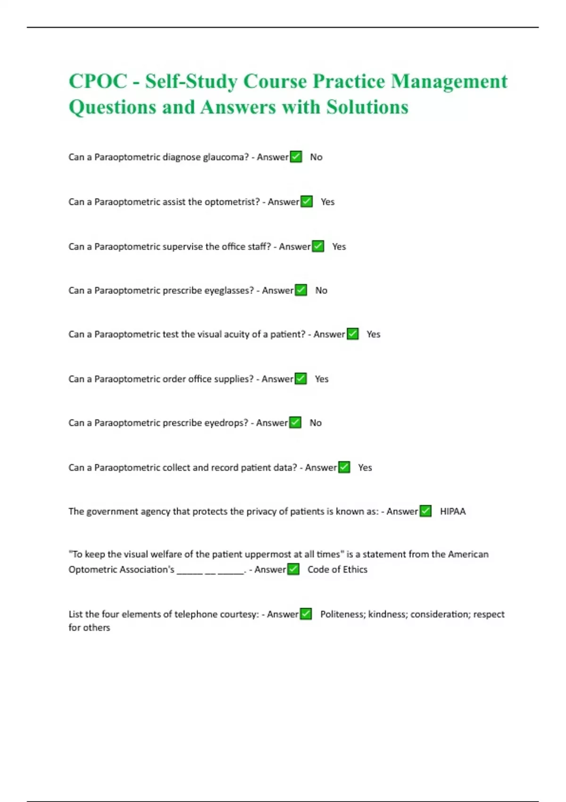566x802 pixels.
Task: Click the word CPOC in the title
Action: pyautogui.click(x=98, y=81)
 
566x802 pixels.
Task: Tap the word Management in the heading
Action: pyautogui.click(x=449, y=81)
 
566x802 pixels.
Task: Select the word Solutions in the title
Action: pyautogui.click(x=367, y=107)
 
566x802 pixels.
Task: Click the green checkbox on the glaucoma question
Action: pyautogui.click(x=296, y=157)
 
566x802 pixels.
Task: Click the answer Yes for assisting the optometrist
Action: pyautogui.click(x=327, y=202)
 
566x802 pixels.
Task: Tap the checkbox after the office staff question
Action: pyautogui.click(x=318, y=246)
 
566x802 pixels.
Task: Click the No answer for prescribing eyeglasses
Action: pyautogui.click(x=321, y=291)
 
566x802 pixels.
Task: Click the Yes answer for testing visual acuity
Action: pyautogui.click(x=373, y=334)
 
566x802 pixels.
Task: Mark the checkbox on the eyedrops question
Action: pyautogui.click(x=295, y=423)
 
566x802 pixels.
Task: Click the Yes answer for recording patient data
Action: pyautogui.click(x=365, y=468)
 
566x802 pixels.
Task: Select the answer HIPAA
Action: pyautogui.click(x=452, y=511)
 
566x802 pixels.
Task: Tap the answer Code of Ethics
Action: pyautogui.click(x=337, y=569)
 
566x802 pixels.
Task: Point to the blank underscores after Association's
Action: pyautogui.click(x=210, y=571)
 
